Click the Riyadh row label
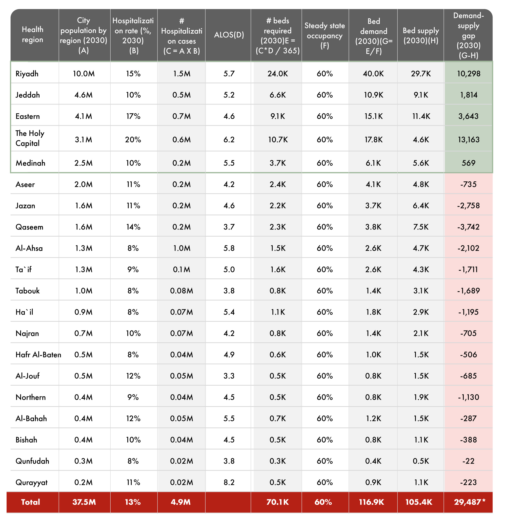(27, 73)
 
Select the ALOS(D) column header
(229, 35)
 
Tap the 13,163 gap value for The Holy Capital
(468, 139)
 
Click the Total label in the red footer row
(31, 502)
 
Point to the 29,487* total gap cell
(469, 502)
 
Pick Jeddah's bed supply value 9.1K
(421, 95)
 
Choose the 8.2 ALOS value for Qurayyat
(229, 482)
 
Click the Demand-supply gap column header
(468, 35)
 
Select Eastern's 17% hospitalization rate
(133, 116)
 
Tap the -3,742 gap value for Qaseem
(468, 227)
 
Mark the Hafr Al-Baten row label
(38, 355)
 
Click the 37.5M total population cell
(84, 502)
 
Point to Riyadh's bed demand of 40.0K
(373, 73)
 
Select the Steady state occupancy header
(325, 35)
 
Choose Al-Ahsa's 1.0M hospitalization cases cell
(181, 248)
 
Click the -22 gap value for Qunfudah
(468, 461)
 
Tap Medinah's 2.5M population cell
(83, 163)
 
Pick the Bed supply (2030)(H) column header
(421, 35)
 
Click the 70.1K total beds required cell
(277, 502)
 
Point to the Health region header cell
(32, 34)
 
